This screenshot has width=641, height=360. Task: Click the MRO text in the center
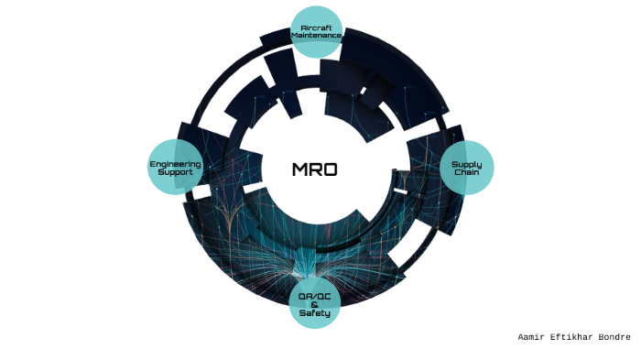coord(315,169)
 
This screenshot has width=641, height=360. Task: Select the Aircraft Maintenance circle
coord(316,32)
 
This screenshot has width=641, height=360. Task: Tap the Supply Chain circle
coord(467,168)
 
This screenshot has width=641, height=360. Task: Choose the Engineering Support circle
coord(175,168)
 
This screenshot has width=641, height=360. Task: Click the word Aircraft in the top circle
coord(316,27)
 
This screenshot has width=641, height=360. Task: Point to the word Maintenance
coord(316,36)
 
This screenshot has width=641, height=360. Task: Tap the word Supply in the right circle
coord(467,164)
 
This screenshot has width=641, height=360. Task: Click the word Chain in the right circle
coord(467,172)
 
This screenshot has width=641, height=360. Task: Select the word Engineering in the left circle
coord(175,164)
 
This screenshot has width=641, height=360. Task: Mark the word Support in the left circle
coord(175,172)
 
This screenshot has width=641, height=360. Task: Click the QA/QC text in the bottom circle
coord(315,295)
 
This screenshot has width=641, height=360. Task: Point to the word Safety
coord(315,313)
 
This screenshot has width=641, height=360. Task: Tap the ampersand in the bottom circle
coord(315,304)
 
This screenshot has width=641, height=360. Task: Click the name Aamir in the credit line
coord(532,337)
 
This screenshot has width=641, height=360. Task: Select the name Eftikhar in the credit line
coord(572,337)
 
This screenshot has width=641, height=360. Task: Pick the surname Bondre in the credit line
coord(614,337)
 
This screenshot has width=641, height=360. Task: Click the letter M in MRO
coord(299,169)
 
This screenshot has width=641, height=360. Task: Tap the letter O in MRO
coord(331,169)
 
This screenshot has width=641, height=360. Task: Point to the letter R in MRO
coord(315,169)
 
